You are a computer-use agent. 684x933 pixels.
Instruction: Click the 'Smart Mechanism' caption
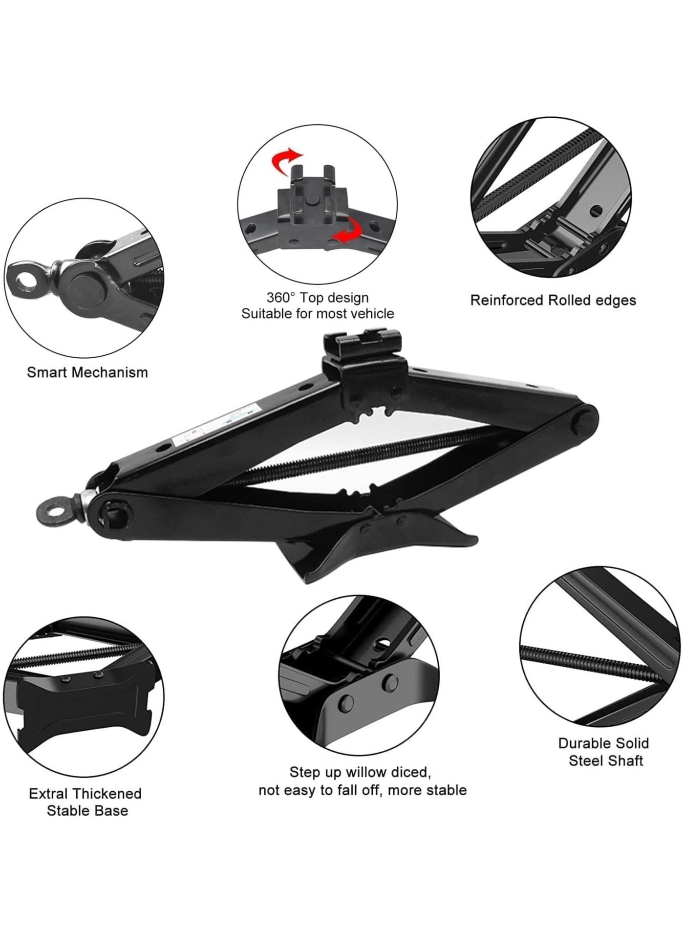click(x=87, y=372)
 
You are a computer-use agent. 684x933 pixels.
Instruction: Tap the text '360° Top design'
click(x=318, y=297)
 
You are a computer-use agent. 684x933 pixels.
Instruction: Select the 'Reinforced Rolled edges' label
click(x=553, y=300)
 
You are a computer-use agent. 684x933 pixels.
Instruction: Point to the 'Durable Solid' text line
click(x=604, y=743)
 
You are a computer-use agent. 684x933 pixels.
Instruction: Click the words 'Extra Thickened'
click(x=85, y=793)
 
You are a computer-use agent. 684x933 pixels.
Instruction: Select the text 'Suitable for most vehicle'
click(x=318, y=313)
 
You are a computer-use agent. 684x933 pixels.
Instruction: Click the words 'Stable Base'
click(x=87, y=810)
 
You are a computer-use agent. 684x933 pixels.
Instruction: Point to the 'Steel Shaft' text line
click(x=606, y=761)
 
